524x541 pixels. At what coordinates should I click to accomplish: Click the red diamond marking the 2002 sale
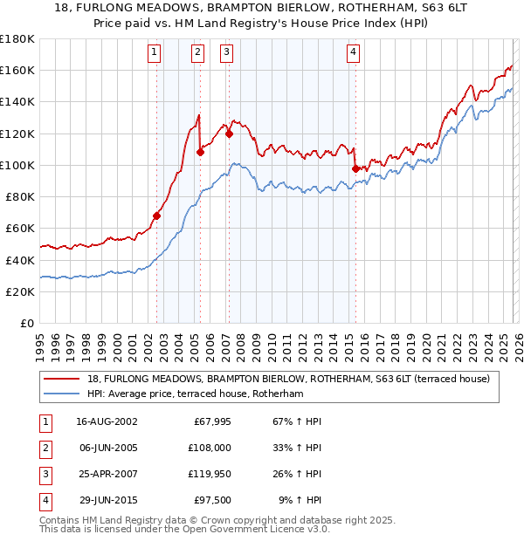[157, 216]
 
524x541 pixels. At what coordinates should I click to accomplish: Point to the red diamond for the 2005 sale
[200, 152]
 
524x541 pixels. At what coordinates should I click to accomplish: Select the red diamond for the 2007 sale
[229, 134]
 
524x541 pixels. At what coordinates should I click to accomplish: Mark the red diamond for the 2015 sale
[355, 168]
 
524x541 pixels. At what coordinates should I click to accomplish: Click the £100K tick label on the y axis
[17, 165]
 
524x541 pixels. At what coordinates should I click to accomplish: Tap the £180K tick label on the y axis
[17, 39]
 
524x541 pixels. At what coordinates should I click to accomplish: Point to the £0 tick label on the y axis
[27, 323]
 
